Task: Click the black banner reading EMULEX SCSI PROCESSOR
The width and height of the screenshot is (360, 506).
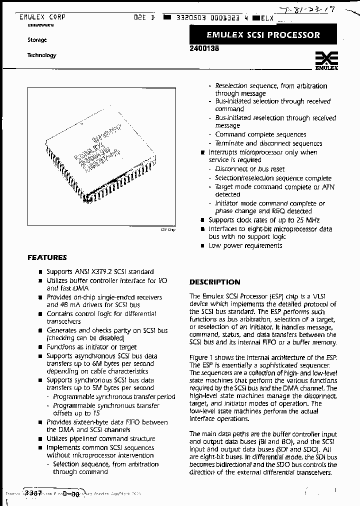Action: [x=263, y=35]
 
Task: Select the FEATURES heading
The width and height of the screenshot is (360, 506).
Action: [x=47, y=257]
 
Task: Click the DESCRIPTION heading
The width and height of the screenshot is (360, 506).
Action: [x=214, y=282]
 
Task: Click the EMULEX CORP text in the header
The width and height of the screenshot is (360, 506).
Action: [x=42, y=17]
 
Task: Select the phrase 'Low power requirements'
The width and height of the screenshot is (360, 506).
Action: [x=245, y=245]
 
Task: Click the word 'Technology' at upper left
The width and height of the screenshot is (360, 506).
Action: [x=41, y=55]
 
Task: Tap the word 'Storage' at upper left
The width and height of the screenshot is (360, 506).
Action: [x=37, y=40]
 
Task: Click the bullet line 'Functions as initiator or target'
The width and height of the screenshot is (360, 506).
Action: [x=91, y=347]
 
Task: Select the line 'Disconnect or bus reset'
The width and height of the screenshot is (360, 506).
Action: [x=249, y=169]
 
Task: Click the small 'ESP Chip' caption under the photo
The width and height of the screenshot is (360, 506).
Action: [x=168, y=229]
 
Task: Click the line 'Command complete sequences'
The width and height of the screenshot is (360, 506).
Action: [x=260, y=134]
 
